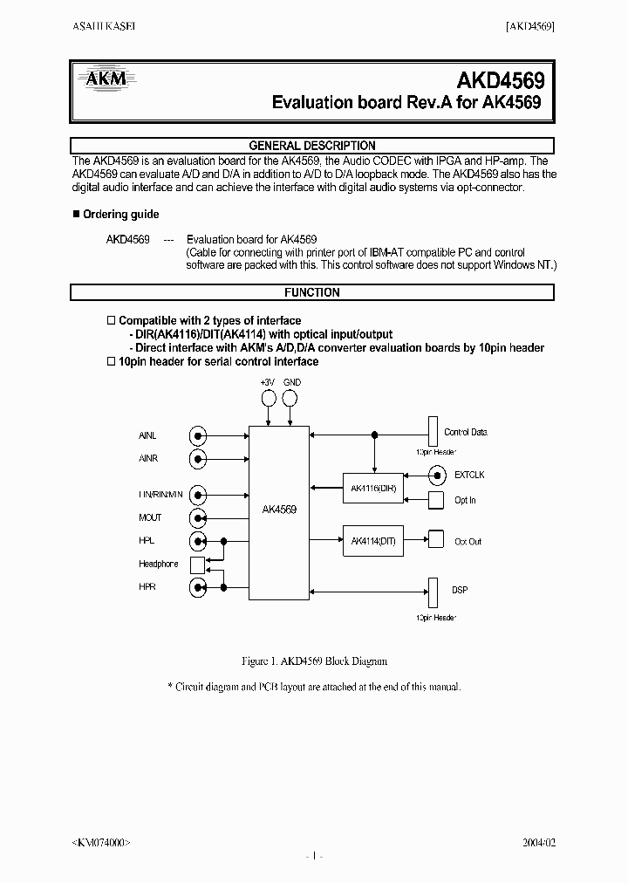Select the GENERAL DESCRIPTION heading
click(x=312, y=146)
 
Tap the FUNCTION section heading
click(x=312, y=293)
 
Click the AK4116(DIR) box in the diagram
click(x=373, y=489)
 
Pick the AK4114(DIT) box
click(x=373, y=541)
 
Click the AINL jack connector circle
click(x=200, y=435)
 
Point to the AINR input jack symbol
click(x=200, y=458)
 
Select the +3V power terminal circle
click(x=268, y=399)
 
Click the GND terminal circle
click(x=291, y=399)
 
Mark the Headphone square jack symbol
click(x=198, y=565)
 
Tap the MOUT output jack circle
click(x=200, y=518)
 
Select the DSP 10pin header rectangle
click(x=432, y=592)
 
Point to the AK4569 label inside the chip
click(x=279, y=510)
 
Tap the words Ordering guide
click(x=120, y=215)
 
